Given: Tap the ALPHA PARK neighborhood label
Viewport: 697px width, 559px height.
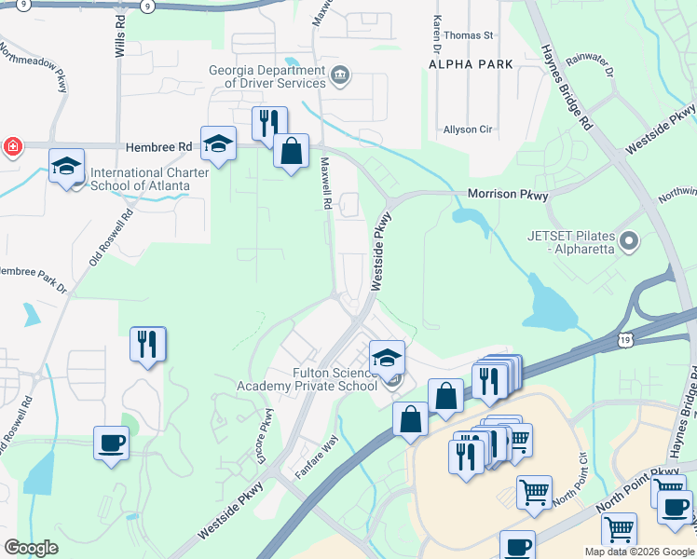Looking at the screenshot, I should coord(471,64).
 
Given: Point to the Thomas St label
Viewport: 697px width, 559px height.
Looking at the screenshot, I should coord(468,35).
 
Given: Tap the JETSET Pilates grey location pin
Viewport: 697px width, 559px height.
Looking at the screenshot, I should coord(629,242).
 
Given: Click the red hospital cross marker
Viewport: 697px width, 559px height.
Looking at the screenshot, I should coord(12,146).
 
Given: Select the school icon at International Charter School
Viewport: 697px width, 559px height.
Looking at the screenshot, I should coord(67,166).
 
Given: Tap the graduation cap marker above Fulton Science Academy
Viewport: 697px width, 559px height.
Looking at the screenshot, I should coord(387,357).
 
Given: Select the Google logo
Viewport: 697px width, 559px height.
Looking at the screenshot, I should coord(31,548).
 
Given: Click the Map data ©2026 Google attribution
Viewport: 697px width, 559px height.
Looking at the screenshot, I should coord(638,552).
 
